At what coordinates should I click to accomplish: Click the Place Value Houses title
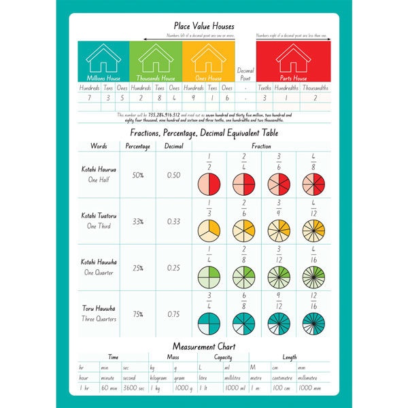click(x=204, y=25)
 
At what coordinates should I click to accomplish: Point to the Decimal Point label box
click(x=245, y=75)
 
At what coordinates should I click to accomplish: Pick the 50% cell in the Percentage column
click(x=138, y=175)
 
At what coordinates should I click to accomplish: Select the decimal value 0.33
click(x=174, y=222)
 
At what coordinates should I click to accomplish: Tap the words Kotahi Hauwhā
click(x=99, y=262)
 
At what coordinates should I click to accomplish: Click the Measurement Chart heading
click(x=204, y=345)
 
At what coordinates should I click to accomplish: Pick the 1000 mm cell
click(x=309, y=388)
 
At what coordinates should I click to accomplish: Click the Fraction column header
click(x=261, y=146)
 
